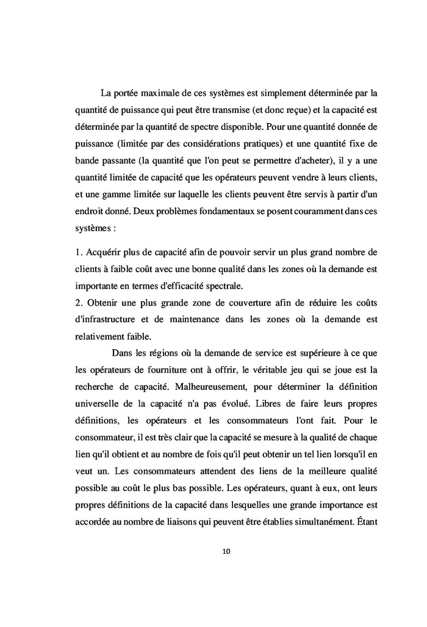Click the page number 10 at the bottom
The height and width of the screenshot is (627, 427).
click(226, 551)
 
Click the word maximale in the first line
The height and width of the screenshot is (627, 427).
click(160, 93)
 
